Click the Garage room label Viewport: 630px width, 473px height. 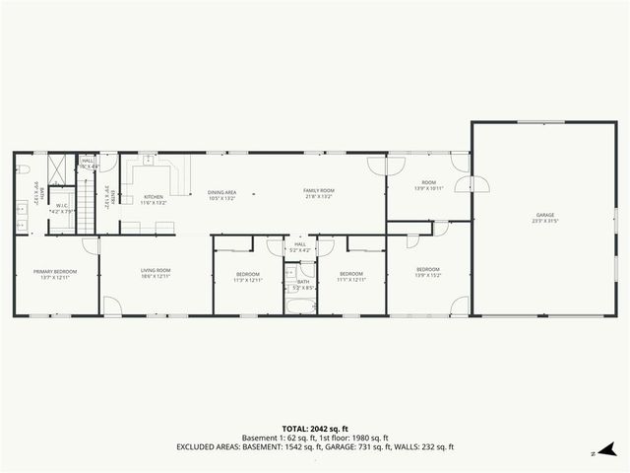(x=544, y=218)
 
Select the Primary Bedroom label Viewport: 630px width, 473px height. (x=54, y=274)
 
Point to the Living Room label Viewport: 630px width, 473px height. (x=156, y=274)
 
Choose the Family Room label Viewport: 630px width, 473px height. (x=318, y=193)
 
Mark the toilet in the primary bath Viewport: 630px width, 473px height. (x=22, y=169)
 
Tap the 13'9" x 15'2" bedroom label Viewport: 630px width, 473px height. (x=427, y=273)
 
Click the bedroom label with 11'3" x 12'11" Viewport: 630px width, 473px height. (x=247, y=277)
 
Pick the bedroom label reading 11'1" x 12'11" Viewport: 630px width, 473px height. (x=351, y=277)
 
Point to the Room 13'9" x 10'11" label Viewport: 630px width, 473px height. (x=428, y=185)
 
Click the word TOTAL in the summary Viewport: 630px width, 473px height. (x=295, y=429)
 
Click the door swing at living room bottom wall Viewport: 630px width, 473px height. (x=114, y=306)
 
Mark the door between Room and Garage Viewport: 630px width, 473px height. (x=477, y=185)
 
